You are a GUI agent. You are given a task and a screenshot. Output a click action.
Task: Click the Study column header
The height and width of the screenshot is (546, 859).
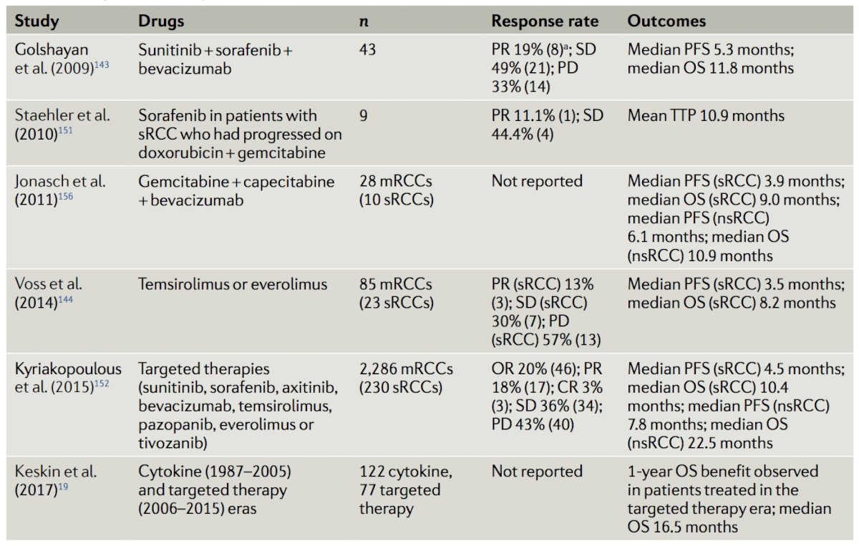[x=37, y=21]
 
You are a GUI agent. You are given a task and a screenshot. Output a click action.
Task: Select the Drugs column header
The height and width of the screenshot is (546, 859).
[x=161, y=21]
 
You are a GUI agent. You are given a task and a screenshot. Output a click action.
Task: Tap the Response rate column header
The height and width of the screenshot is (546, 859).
[x=545, y=21]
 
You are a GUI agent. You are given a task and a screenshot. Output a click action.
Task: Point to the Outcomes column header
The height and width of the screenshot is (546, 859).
[x=666, y=21]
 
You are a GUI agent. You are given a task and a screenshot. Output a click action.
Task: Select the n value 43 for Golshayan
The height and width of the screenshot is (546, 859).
[x=367, y=49]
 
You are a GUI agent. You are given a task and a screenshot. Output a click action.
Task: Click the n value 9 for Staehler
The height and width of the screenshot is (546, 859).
[x=364, y=115]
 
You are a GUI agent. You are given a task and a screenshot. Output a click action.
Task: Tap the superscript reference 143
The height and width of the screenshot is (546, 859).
[x=102, y=65]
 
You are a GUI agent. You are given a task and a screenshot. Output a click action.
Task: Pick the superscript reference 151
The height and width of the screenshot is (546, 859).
[x=65, y=131]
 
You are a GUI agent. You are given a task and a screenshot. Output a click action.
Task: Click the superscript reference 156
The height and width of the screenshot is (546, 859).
[x=65, y=196]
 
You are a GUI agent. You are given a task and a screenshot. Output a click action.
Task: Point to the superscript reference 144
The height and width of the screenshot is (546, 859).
[x=65, y=299]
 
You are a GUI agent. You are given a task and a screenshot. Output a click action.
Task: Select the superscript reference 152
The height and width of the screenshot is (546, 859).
[x=102, y=384]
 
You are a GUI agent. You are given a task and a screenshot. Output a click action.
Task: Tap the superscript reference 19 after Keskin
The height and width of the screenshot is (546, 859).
[x=63, y=487]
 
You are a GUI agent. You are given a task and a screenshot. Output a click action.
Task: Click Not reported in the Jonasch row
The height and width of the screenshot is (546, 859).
[x=537, y=181]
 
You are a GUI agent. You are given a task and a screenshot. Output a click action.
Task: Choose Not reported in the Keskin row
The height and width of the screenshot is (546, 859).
[x=537, y=472]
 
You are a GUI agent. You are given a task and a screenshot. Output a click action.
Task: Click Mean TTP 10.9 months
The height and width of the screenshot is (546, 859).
[x=706, y=115]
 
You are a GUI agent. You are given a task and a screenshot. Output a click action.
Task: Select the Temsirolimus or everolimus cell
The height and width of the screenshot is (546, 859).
[x=233, y=284]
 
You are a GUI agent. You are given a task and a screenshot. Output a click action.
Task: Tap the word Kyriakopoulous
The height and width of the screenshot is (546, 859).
[x=68, y=369]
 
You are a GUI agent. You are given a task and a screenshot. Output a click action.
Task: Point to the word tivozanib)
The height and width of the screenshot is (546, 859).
[x=173, y=443]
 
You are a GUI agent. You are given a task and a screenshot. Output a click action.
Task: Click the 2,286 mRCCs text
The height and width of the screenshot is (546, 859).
[x=406, y=369]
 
